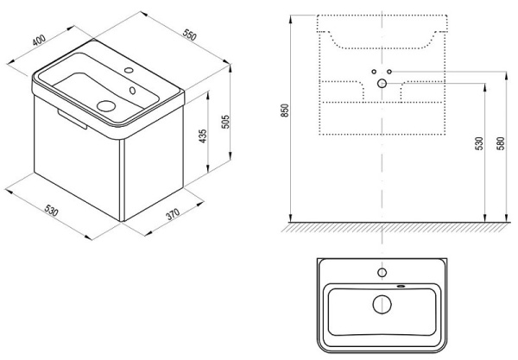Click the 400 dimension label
click(x=39, y=41)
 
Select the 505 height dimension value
click(x=225, y=122)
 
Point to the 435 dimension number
click(x=203, y=136)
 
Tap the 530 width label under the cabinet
click(x=52, y=210)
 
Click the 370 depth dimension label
click(x=173, y=214)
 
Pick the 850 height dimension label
click(x=285, y=111)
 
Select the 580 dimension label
click(x=501, y=143)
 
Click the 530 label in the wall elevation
click(x=479, y=143)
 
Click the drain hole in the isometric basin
click(x=106, y=106)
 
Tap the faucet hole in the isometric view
click(x=129, y=70)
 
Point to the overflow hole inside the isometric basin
click(x=132, y=90)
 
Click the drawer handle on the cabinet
click(x=72, y=119)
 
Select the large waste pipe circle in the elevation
click(x=382, y=84)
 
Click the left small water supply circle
click(x=374, y=72)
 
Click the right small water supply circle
click(x=389, y=72)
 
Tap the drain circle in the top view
click(x=382, y=304)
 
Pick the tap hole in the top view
click(x=382, y=273)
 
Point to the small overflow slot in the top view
click(x=401, y=286)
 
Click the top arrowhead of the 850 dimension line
click(x=290, y=19)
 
